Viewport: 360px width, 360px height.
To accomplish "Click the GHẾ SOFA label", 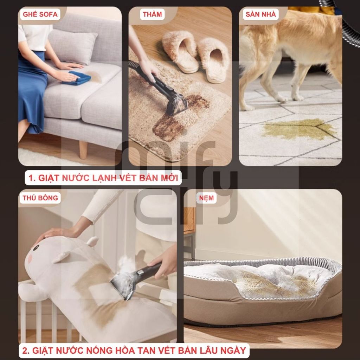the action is tap(40, 14).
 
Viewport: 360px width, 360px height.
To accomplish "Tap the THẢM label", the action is tap(152, 14).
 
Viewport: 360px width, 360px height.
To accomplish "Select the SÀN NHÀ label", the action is tap(261, 14).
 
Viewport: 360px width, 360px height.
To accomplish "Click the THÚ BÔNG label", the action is tap(40, 198).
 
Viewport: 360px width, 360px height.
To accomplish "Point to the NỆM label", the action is tap(206, 198).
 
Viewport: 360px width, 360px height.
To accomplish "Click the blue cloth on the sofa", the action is tap(77, 78).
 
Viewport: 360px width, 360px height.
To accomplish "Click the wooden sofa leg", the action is tap(83, 150).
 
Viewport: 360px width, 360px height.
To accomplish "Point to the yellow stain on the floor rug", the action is tap(298, 129).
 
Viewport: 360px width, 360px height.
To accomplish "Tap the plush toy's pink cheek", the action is tap(30, 259).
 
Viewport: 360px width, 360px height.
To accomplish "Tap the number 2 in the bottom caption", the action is tap(25, 351).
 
